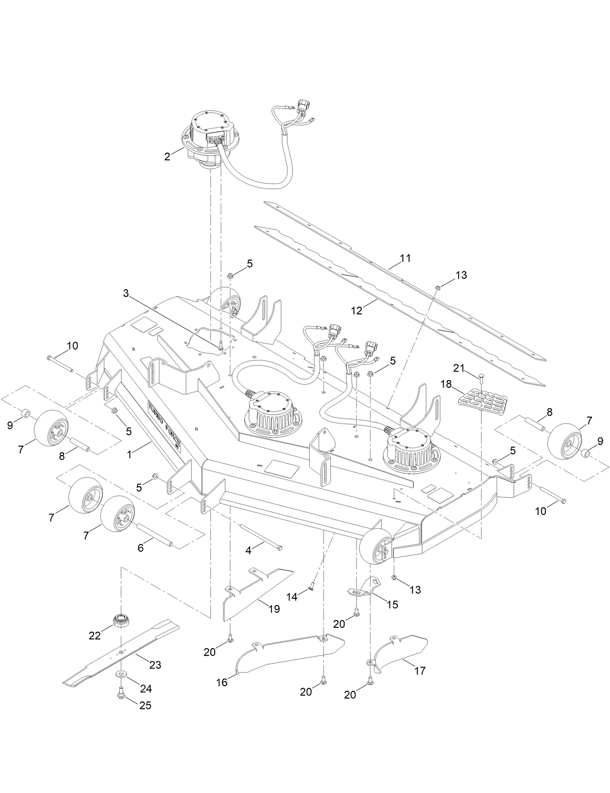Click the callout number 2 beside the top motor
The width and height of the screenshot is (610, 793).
click(167, 157)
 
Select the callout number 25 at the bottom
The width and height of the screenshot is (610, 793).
click(145, 706)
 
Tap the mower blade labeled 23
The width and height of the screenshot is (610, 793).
click(121, 652)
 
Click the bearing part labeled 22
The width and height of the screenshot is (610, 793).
click(120, 621)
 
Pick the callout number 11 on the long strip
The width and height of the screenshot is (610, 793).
click(406, 258)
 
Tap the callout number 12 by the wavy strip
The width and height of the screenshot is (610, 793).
click(356, 311)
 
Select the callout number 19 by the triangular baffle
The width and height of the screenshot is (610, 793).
click(274, 609)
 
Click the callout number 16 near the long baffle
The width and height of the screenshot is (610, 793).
click(221, 683)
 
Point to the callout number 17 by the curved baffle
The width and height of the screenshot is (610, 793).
click(420, 671)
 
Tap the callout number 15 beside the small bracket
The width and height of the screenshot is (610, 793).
click(392, 605)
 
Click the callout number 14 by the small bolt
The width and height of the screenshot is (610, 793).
click(291, 597)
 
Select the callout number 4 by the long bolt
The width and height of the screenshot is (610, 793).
click(248, 551)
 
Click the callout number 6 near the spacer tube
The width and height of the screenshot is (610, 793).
click(141, 548)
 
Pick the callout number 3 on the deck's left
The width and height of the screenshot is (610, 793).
click(126, 293)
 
